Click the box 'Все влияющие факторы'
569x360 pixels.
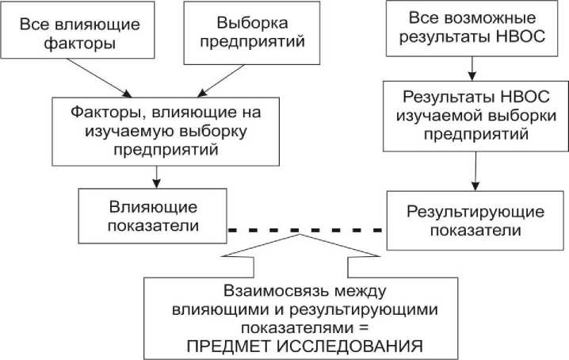(x=80, y=35)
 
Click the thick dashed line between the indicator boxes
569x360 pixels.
(x=306, y=229)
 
